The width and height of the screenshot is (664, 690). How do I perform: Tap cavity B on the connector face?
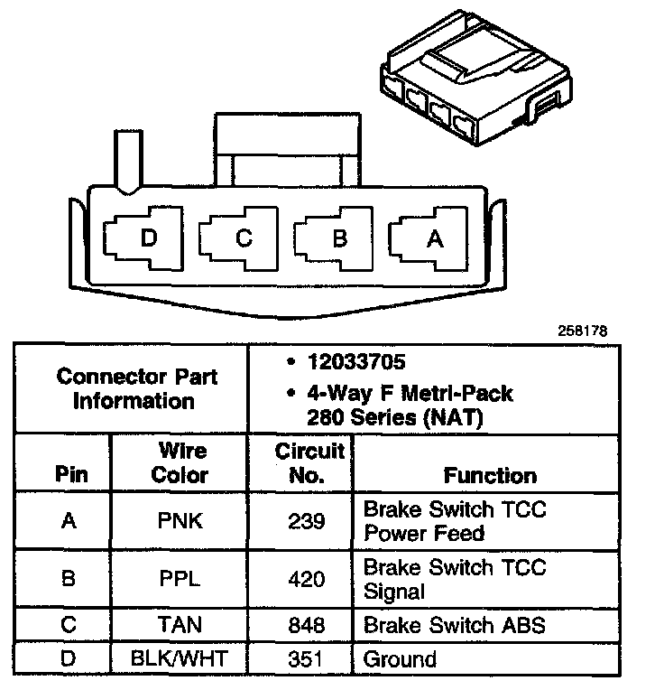pos(339,239)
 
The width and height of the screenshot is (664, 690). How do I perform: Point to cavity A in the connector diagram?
pos(433,239)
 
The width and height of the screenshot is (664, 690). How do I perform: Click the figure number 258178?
pos(582,331)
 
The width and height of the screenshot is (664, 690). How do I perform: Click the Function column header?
pos(490,475)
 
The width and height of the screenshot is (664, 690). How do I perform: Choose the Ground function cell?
pos(400,658)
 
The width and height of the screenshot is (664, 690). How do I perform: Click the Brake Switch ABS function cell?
pos(454,625)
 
